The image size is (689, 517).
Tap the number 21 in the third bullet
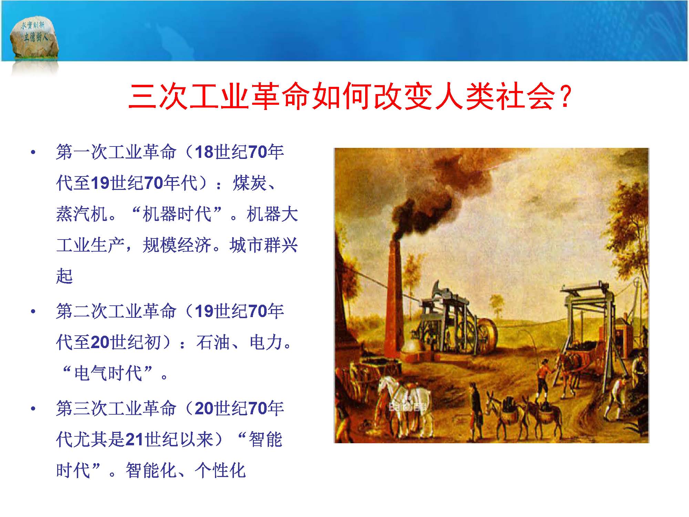click(x=134, y=439)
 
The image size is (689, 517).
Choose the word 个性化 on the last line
click(x=220, y=470)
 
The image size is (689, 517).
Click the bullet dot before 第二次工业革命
click(x=33, y=312)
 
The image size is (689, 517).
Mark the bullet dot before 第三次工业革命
click(x=33, y=409)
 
